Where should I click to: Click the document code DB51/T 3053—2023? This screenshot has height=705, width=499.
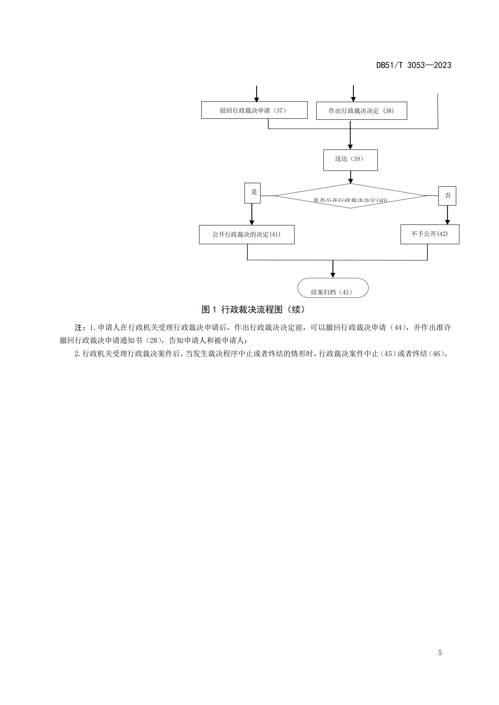[414, 65]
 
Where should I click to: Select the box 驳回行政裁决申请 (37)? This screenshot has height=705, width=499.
[254, 110]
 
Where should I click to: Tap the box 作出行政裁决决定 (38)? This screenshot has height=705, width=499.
[361, 111]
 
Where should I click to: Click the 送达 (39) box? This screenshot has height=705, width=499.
[350, 160]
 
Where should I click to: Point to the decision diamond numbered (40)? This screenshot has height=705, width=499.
[350, 196]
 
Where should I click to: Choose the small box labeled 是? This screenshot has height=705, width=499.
[252, 193]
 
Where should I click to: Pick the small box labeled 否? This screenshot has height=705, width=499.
[447, 196]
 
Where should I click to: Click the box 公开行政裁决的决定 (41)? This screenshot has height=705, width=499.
[246, 234]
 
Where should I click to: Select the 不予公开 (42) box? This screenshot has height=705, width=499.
[430, 234]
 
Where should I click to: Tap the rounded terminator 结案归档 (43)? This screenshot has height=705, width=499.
[333, 288]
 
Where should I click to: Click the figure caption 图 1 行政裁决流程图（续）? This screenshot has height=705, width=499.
[253, 309]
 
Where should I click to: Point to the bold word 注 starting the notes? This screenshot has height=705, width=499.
[78, 328]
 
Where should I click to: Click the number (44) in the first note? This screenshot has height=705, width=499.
[398, 328]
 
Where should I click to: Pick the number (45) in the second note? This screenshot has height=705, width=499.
[388, 354]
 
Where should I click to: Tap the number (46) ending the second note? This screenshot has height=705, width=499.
[436, 354]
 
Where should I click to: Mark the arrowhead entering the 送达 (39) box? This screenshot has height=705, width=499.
[350, 147]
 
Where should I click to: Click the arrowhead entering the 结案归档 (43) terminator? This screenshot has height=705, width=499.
[333, 275]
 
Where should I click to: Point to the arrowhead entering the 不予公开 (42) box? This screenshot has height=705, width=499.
[447, 222]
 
